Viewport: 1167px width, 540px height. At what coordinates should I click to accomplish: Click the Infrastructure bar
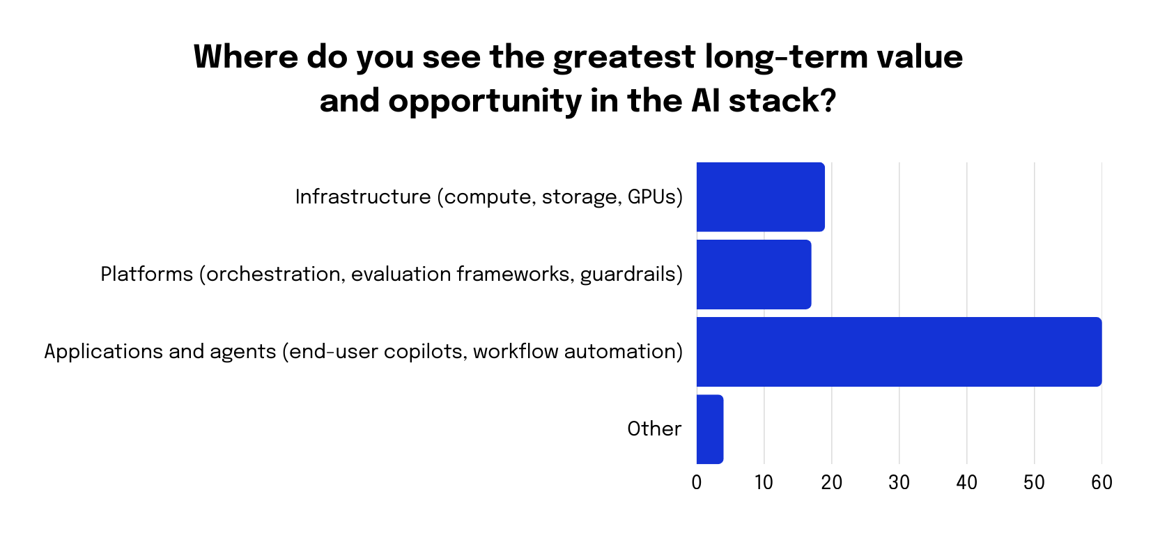[760, 197]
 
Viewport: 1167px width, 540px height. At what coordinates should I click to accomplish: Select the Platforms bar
[754, 275]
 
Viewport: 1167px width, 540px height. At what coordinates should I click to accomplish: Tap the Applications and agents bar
[899, 352]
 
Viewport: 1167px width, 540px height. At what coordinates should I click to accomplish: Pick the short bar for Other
[710, 429]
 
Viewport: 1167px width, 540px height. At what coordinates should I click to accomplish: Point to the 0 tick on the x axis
[697, 482]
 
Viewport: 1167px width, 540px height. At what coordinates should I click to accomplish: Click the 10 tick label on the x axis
[764, 482]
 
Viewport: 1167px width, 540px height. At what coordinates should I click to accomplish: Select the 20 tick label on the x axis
[831, 482]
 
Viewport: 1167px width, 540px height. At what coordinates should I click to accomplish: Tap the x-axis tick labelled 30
[899, 482]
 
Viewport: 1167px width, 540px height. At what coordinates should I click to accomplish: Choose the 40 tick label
[966, 482]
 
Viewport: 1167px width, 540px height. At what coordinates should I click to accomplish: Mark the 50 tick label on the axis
[1034, 482]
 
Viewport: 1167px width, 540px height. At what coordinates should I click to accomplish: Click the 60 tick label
[1102, 482]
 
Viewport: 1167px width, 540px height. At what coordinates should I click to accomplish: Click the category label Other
[654, 429]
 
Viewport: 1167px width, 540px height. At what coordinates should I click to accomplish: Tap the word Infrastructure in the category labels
[362, 196]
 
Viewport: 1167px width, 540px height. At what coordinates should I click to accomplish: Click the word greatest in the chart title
[624, 57]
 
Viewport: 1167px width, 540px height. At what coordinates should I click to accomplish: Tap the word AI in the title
[705, 101]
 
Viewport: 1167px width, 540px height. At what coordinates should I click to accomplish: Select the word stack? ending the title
[782, 101]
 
